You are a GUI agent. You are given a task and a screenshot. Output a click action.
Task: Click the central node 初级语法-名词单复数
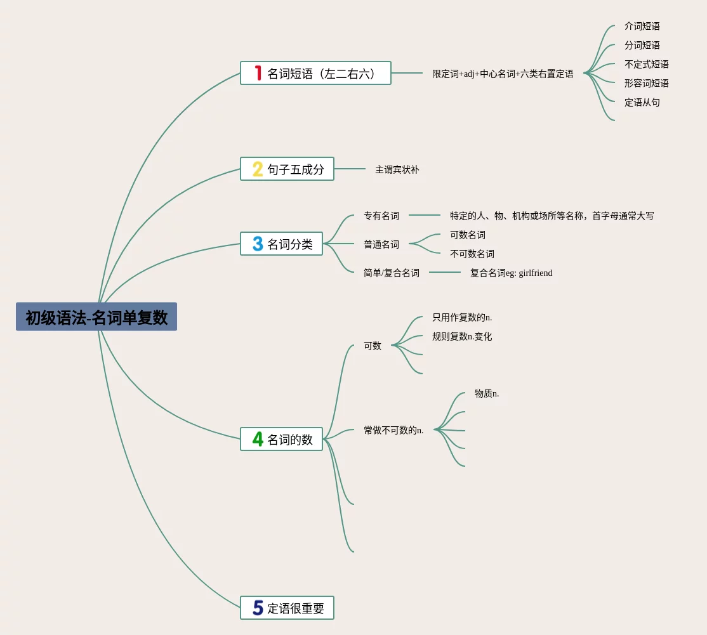pyautogui.click(x=96, y=317)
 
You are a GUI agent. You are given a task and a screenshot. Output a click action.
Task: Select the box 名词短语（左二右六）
pyautogui.click(x=315, y=73)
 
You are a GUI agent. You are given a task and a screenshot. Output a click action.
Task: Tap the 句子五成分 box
pyautogui.click(x=287, y=169)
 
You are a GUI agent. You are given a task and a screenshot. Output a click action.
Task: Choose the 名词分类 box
pyautogui.click(x=281, y=244)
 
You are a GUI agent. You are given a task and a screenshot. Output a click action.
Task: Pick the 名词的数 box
pyautogui.click(x=281, y=439)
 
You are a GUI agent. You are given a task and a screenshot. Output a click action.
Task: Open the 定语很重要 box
pyautogui.click(x=287, y=608)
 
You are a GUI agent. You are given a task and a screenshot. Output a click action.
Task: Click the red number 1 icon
pyautogui.click(x=258, y=73)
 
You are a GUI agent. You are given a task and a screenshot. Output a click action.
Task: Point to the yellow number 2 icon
pyautogui.click(x=258, y=169)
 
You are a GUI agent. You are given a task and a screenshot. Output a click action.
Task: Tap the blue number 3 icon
pyautogui.click(x=258, y=244)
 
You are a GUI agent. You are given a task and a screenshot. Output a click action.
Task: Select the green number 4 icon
pyautogui.click(x=258, y=439)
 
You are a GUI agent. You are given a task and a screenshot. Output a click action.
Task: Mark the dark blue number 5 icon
pyautogui.click(x=258, y=608)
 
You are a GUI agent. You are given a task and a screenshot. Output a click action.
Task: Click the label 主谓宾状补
pyautogui.click(x=397, y=169)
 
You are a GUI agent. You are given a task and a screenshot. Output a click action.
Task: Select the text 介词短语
pyautogui.click(x=642, y=26)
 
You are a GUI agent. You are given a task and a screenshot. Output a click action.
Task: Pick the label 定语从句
pyautogui.click(x=642, y=102)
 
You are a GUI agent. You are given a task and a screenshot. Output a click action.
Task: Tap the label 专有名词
pyautogui.click(x=381, y=216)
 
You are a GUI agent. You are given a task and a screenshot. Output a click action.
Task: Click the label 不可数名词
pyautogui.click(x=472, y=254)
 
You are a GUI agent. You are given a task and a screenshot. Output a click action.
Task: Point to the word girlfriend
pyautogui.click(x=536, y=273)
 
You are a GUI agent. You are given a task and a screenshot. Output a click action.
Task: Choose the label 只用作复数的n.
pyautogui.click(x=462, y=317)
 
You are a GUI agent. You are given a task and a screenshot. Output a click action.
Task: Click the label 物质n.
pyautogui.click(x=487, y=393)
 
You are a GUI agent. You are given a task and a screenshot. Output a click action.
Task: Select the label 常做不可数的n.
pyautogui.click(x=393, y=430)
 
